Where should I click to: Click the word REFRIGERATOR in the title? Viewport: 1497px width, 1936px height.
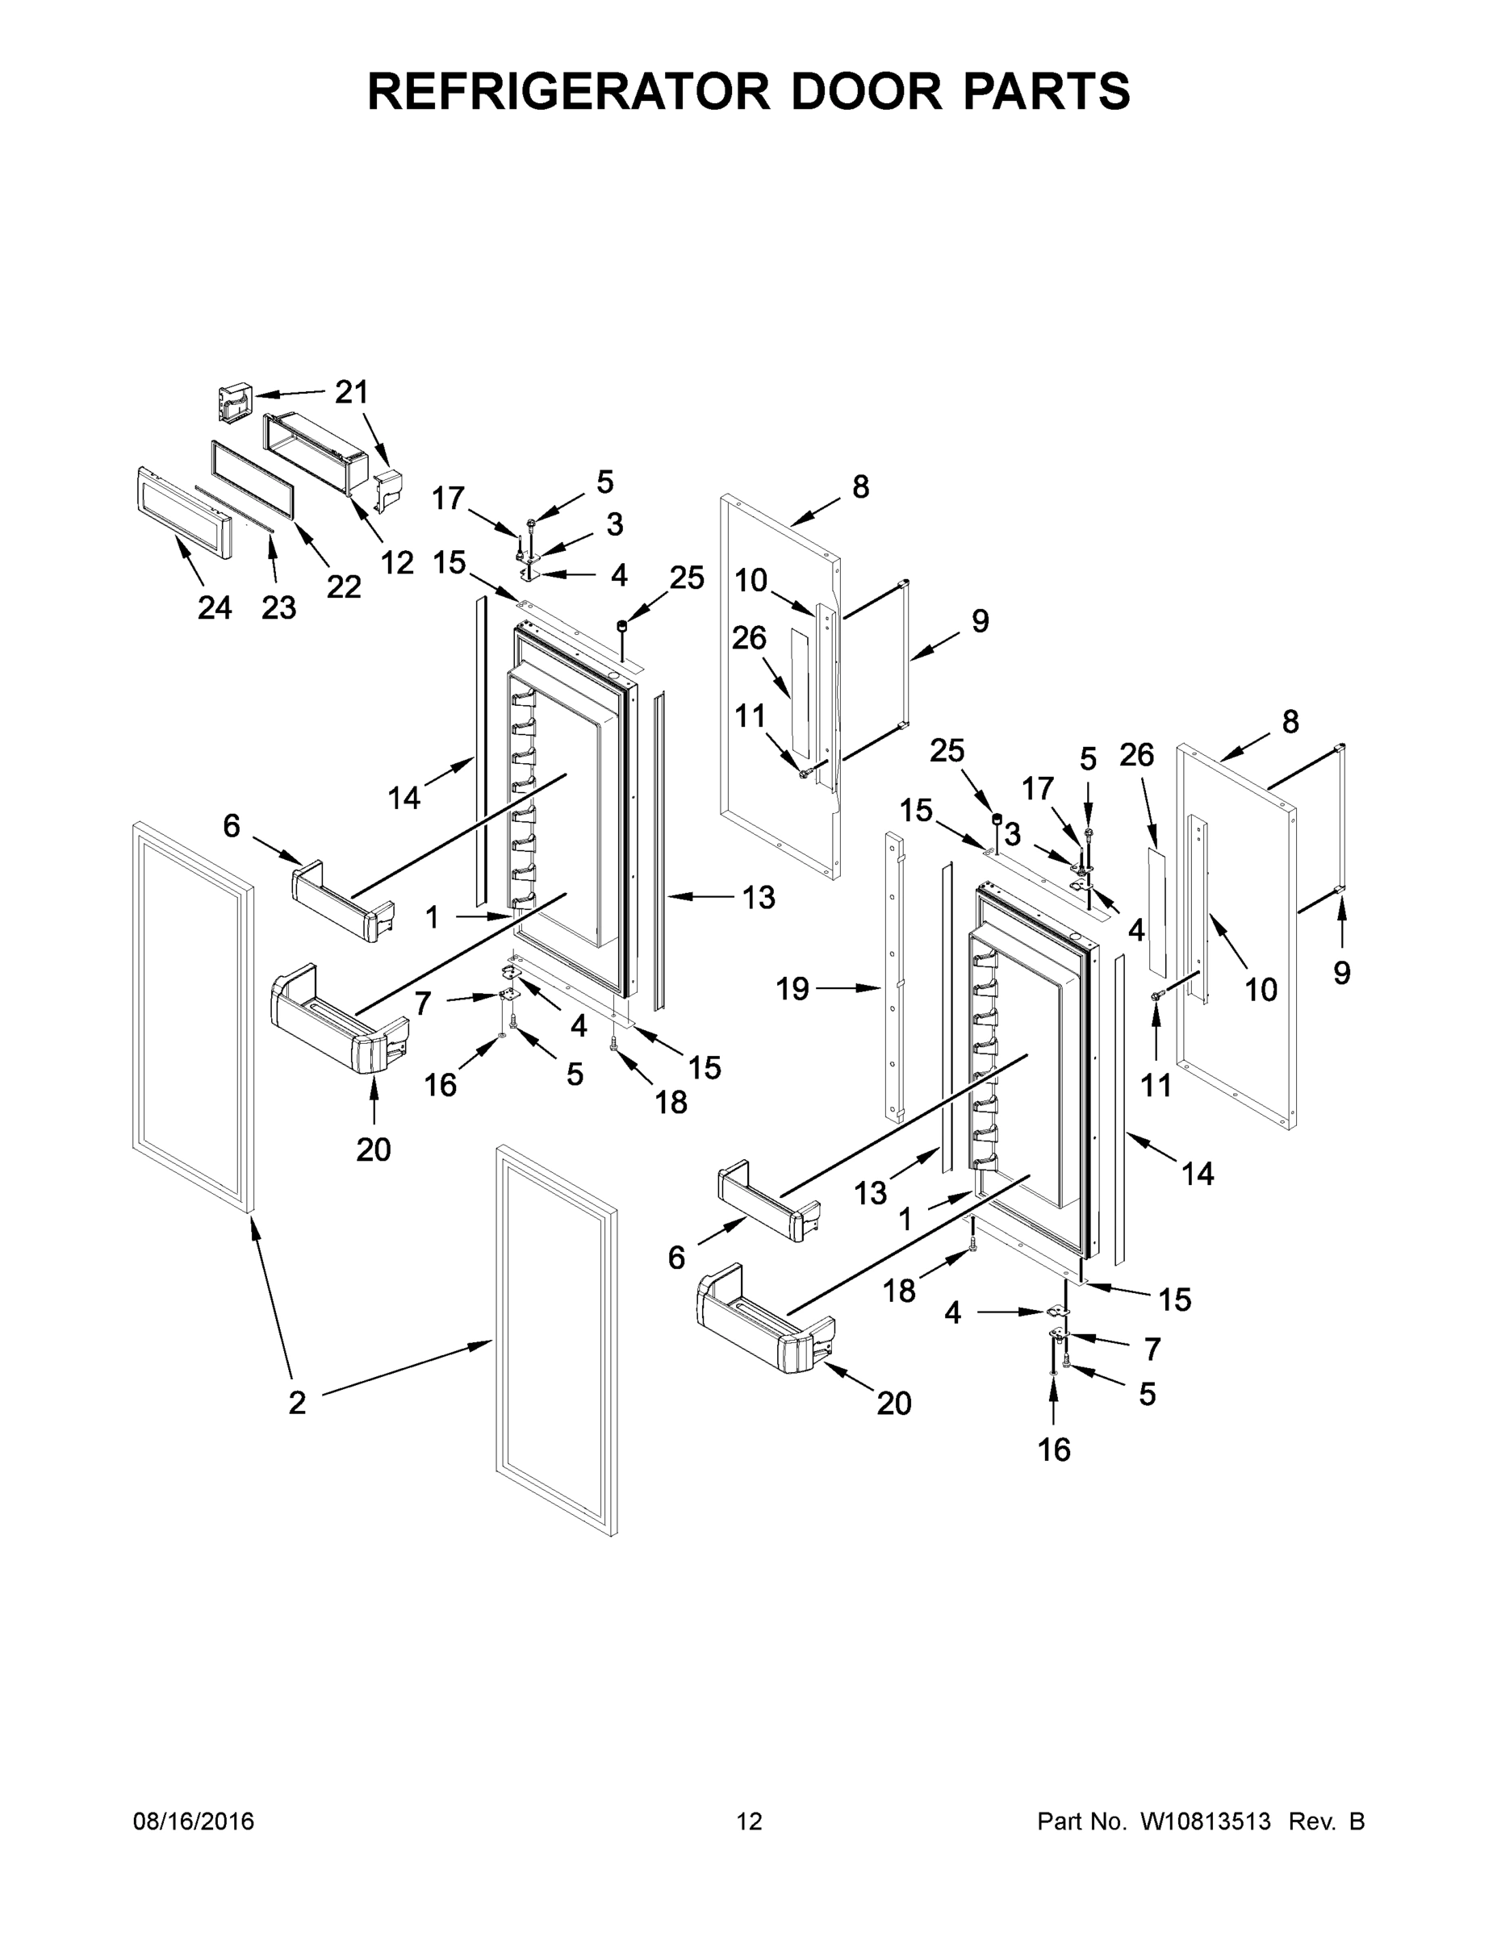567,91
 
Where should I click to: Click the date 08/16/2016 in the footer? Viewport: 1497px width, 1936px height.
194,1821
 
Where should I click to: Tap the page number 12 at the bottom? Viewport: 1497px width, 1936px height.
750,1821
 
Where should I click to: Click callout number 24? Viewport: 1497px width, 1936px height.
215,608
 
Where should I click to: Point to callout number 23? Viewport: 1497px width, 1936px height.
278,608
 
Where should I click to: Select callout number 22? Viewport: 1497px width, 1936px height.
344,586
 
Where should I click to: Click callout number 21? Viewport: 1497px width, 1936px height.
351,392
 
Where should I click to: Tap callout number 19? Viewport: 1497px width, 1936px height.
792,988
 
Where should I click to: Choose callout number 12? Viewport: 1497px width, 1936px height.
397,563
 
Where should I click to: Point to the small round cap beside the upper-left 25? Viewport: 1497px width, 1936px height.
621,628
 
